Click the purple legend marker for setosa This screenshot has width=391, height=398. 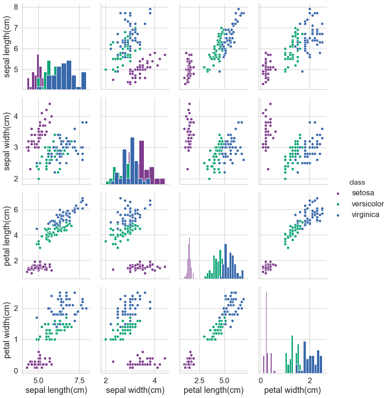click(338, 193)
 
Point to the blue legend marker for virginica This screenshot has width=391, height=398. click(338, 215)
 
